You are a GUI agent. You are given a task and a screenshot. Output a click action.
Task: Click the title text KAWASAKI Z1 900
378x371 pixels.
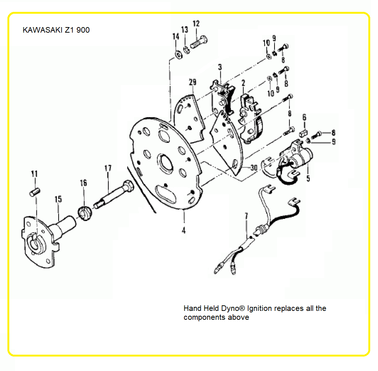click(x=56, y=30)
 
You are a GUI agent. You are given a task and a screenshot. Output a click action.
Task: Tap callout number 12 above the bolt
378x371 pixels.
click(x=196, y=24)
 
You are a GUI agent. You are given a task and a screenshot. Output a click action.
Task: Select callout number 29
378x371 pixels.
click(x=193, y=82)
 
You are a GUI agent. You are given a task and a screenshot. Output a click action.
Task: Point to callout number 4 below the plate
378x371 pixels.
click(x=184, y=230)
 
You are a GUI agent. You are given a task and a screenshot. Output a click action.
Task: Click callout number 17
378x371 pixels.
click(x=108, y=168)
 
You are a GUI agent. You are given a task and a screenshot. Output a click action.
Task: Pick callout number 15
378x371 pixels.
click(x=58, y=199)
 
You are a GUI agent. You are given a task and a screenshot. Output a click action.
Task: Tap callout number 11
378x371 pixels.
click(x=34, y=174)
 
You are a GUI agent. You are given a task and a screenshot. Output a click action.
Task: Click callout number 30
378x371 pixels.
click(x=254, y=168)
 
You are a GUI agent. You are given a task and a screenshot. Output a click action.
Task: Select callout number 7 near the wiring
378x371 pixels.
click(x=246, y=216)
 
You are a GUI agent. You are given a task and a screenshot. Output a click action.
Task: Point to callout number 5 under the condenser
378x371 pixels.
click(x=308, y=178)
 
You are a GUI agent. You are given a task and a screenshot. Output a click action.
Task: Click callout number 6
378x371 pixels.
click(x=305, y=117)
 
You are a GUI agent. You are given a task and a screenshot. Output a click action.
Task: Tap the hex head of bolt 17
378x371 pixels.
click(x=128, y=186)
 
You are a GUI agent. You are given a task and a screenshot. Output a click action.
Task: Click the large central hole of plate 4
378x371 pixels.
click(x=165, y=163)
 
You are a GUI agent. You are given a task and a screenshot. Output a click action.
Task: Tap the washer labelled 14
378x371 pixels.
click(x=179, y=55)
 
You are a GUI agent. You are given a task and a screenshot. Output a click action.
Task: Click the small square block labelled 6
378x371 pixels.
click(x=303, y=132)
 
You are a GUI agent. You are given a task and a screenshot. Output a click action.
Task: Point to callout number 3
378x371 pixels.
click(x=220, y=67)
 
